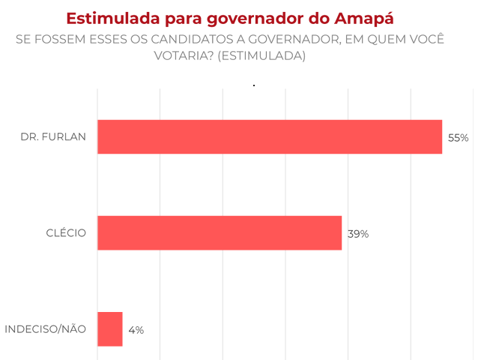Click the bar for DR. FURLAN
270,137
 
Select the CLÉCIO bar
220,233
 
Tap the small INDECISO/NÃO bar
110,329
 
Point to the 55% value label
458,138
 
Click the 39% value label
358,234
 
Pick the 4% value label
136,329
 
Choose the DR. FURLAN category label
54,137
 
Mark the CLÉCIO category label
66,233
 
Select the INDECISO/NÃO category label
46,329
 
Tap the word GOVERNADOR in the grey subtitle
282,40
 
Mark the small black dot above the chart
254,85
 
